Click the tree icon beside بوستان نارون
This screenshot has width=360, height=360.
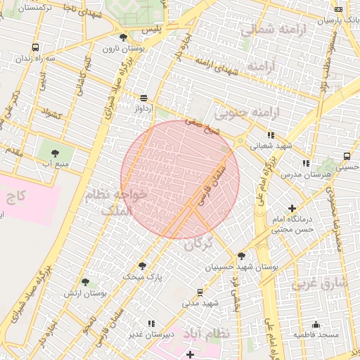click(x=124, y=37)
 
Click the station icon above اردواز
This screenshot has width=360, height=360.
click(x=144, y=98)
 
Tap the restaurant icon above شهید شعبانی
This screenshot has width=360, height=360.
click(x=270, y=135)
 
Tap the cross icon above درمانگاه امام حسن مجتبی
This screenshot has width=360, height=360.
click(x=292, y=207)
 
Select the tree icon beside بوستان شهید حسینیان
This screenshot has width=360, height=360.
click(x=242, y=257)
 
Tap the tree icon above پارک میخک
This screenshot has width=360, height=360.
click(x=143, y=266)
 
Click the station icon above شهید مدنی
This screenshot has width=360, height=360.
click(x=200, y=291)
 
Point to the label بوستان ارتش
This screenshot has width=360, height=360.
click(x=85, y=293)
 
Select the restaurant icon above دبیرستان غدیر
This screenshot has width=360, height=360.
click(x=150, y=323)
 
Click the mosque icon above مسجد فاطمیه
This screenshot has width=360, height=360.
click(x=316, y=324)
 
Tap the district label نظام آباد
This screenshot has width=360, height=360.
click(x=206, y=333)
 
